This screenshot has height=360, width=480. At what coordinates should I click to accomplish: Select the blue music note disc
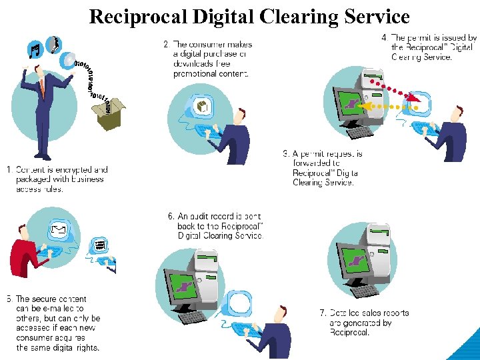pyautogui.click(x=35, y=49)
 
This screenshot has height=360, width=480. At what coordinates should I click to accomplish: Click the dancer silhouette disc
pyautogui.click(x=53, y=44)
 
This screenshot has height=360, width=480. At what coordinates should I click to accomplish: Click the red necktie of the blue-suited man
pyautogui.click(x=42, y=87)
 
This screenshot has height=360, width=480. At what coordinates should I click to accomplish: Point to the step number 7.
pyautogui.click(x=323, y=313)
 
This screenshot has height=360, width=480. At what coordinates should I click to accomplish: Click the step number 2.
pyautogui.click(x=166, y=45)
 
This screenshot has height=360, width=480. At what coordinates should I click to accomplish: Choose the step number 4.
pyautogui.click(x=385, y=39)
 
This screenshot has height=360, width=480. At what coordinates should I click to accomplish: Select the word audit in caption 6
pyautogui.click(x=203, y=217)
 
